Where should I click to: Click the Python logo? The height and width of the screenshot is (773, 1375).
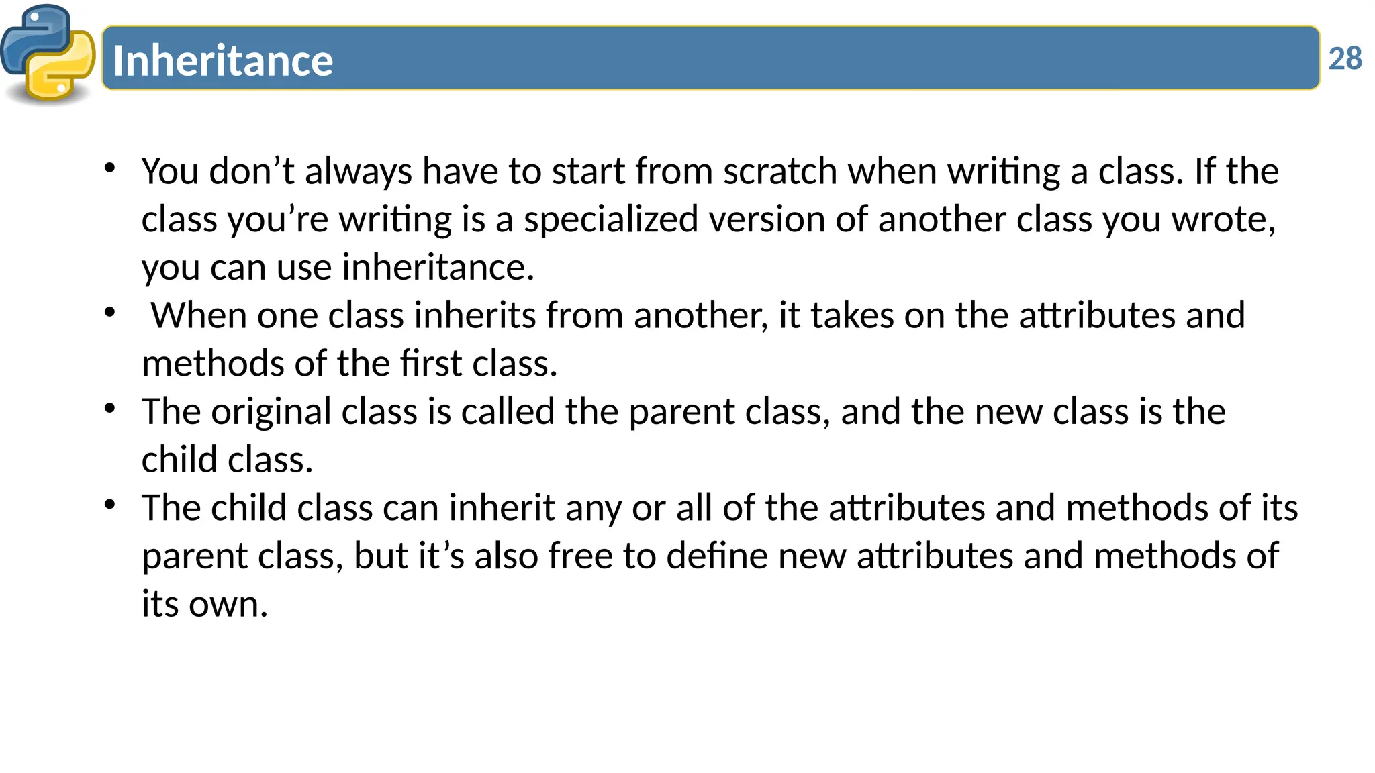tap(48, 54)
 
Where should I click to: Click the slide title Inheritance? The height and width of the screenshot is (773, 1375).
tap(223, 60)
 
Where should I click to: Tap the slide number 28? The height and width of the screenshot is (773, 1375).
tap(1345, 59)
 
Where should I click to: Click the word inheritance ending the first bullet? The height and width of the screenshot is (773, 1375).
tap(438, 268)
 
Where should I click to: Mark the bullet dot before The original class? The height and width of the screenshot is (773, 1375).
tap(110, 408)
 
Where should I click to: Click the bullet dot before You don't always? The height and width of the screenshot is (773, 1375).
tap(110, 168)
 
